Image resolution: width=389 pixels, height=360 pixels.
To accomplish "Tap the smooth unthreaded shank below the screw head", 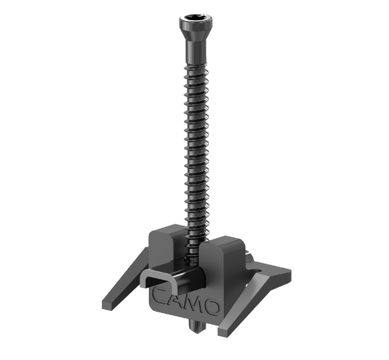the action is (196, 52).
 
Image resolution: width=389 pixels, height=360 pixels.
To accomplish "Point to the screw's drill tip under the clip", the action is (198, 327).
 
